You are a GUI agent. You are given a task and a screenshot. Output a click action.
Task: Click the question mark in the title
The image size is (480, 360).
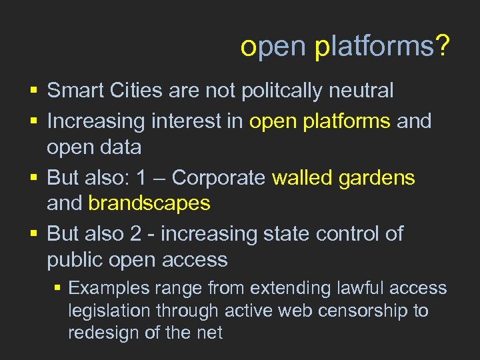[443, 47]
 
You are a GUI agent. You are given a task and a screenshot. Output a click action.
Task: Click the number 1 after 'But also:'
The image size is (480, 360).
[140, 178]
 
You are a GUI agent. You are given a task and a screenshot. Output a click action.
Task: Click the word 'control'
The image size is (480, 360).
[350, 234]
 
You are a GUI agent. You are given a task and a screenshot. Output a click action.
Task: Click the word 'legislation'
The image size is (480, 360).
[111, 311]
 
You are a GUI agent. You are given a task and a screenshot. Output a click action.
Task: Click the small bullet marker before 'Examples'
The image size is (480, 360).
[58, 288]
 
